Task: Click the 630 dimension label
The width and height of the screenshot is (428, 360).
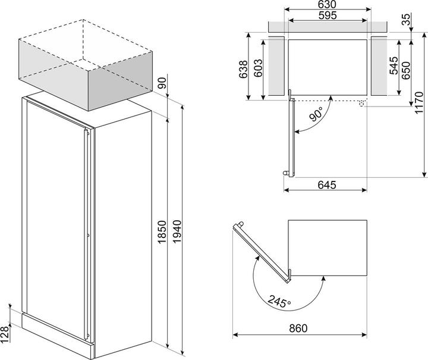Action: point(327,4)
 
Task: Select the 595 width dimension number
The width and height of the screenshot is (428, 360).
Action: point(328,15)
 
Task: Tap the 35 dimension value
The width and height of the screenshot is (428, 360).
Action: point(407,20)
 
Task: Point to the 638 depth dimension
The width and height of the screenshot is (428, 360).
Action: point(243,70)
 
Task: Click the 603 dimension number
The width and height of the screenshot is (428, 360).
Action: point(258,68)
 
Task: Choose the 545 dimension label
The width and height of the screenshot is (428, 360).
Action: point(394,65)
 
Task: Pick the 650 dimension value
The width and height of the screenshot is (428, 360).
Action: point(406,70)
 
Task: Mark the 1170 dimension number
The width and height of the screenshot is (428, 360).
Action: point(418,103)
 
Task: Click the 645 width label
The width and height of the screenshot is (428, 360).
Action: point(327,185)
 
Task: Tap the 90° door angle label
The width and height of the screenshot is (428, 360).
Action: point(316,114)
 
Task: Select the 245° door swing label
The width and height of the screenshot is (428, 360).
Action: point(279,300)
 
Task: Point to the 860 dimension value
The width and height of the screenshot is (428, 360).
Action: point(298,328)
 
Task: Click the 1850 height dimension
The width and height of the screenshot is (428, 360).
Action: point(162,232)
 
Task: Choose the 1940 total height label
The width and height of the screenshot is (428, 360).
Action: point(177,231)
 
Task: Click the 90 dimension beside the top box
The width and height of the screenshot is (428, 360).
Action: point(162,83)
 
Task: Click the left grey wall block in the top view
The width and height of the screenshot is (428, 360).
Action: point(276,66)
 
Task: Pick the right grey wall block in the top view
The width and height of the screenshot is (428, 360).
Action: point(379,66)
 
